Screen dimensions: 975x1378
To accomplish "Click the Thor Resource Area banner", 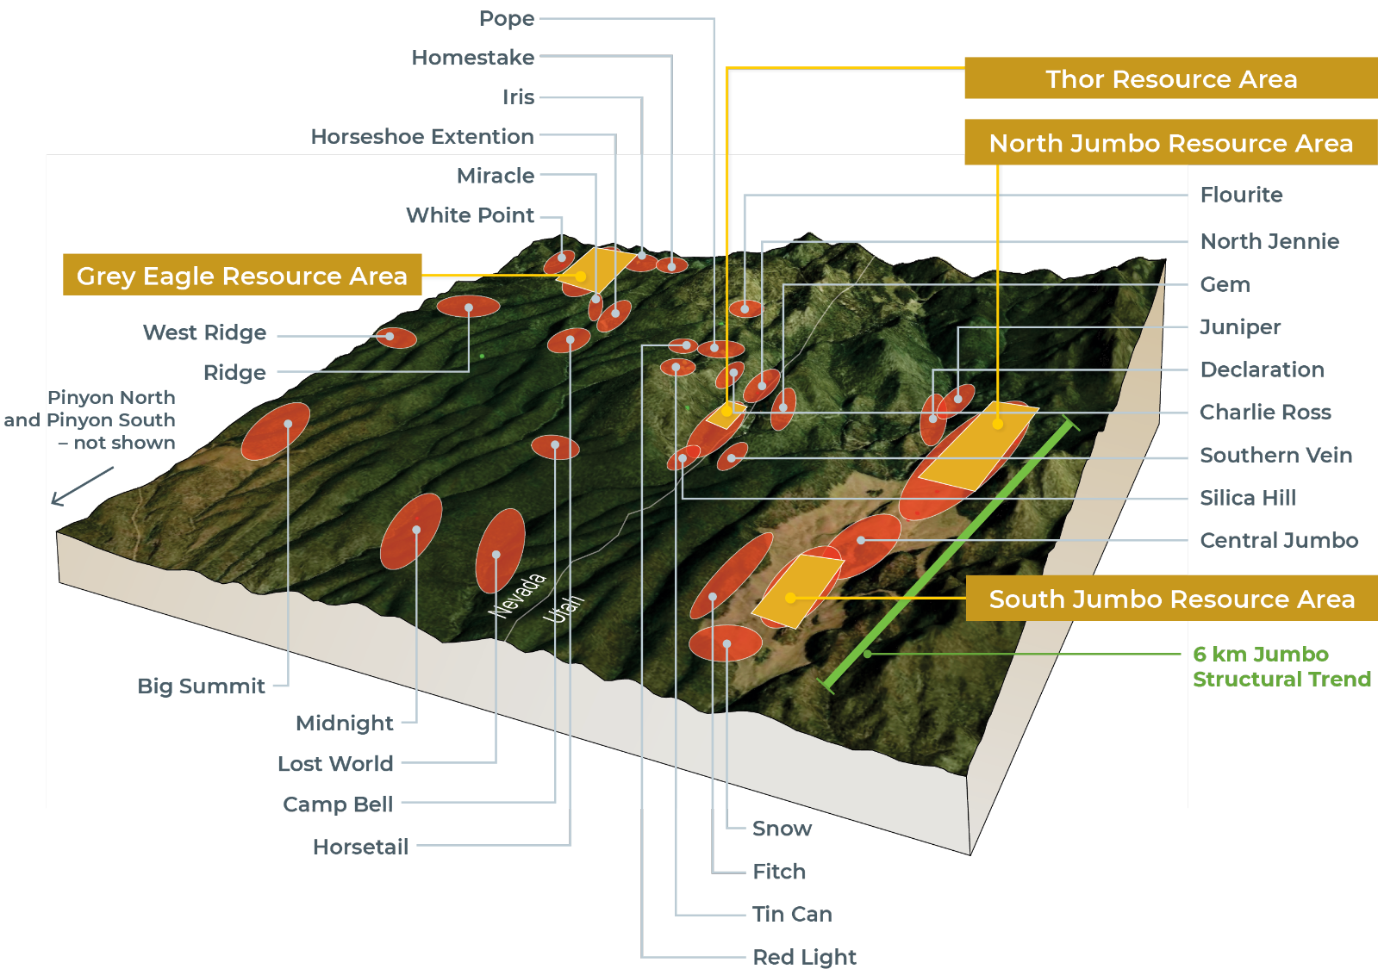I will point(1170,79).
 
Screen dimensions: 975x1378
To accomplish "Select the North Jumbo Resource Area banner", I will point(1170,143).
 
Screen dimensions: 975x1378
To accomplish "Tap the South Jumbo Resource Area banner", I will point(1171,599).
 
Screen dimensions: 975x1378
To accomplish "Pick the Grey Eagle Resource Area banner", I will point(241,276).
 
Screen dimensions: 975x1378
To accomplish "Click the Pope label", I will point(507,18).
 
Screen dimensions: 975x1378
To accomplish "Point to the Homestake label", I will point(472,58).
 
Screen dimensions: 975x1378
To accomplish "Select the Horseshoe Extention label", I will point(422,137).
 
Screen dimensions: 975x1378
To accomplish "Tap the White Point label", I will point(470,215).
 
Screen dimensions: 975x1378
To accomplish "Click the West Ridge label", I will point(204,333).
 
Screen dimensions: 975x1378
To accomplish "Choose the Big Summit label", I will point(201,686).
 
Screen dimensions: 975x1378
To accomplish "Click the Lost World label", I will point(335,764).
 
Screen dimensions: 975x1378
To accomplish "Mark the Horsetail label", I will point(360,848).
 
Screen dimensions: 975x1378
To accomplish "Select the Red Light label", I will point(804,958).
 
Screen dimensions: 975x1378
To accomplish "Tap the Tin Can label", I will point(792,915).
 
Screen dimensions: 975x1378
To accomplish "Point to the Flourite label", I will point(1241,195).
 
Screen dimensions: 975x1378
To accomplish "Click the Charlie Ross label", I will point(1265,413).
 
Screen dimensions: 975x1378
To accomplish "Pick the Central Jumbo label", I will point(1279,541).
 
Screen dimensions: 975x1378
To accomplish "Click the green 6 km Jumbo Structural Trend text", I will point(1281,667).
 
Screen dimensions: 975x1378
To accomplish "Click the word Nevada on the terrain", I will point(517,595).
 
